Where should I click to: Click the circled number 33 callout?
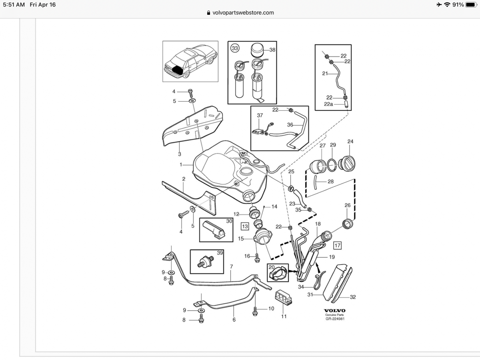click(x=235, y=48)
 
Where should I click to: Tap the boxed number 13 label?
click(x=245, y=226)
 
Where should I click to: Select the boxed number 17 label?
click(x=338, y=245)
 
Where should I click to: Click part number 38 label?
click(x=272, y=50)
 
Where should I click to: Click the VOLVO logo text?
click(x=334, y=310)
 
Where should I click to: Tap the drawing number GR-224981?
click(x=334, y=319)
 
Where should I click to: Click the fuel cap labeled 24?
click(x=347, y=163)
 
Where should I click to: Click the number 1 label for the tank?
click(x=181, y=164)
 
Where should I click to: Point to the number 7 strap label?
click(x=231, y=266)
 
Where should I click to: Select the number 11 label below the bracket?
click(x=284, y=316)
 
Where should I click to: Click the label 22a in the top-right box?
click(x=328, y=104)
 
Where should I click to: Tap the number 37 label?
click(x=260, y=116)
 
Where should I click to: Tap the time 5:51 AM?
click(x=14, y=5)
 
